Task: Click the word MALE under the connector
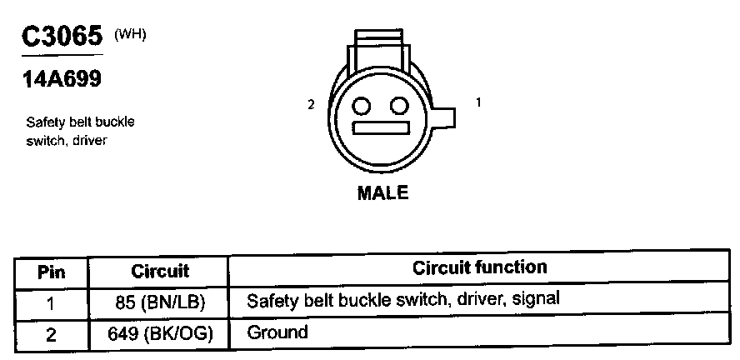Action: click(382, 192)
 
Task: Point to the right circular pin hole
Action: click(400, 106)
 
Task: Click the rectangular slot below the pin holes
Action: click(382, 129)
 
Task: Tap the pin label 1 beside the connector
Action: click(478, 102)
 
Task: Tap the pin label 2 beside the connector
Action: click(311, 105)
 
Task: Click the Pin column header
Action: click(52, 272)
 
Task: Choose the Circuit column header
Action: click(160, 271)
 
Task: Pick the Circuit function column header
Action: click(479, 267)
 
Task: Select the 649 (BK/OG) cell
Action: click(160, 333)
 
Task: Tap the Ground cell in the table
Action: click(277, 332)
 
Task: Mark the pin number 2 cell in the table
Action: click(52, 333)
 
